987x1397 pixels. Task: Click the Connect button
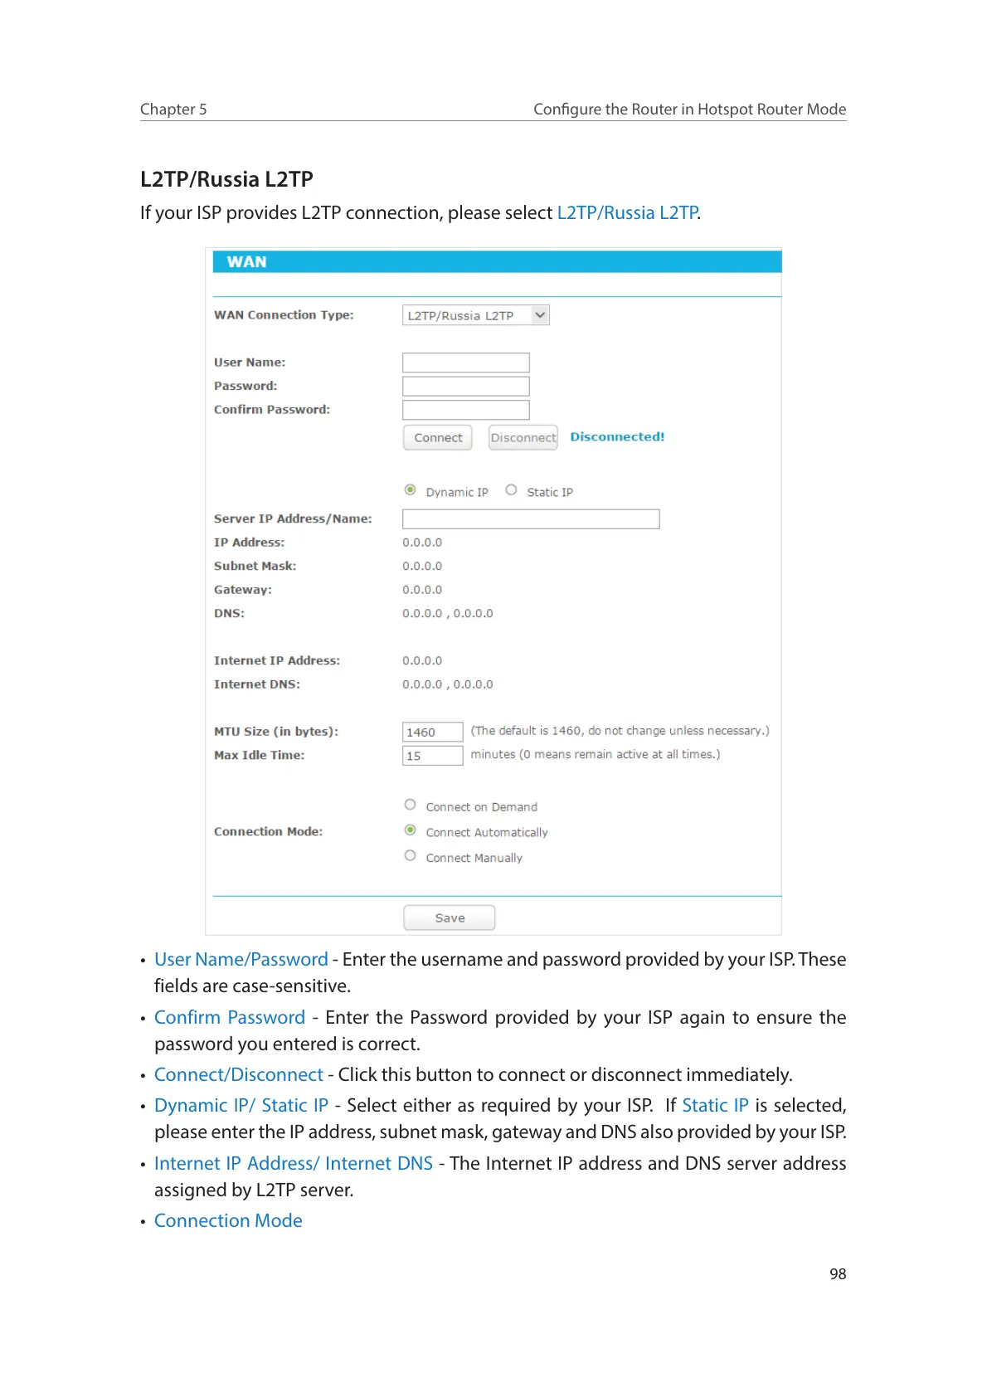tap(438, 438)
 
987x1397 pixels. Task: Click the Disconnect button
tap(523, 438)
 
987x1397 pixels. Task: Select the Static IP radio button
tap(511, 490)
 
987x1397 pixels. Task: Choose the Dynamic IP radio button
tap(410, 490)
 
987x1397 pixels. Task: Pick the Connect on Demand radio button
tap(410, 805)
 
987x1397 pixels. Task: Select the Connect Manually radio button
tap(410, 856)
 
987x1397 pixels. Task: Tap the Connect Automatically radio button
tap(410, 830)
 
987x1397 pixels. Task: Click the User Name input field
tap(465, 363)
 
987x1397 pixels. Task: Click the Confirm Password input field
tap(465, 410)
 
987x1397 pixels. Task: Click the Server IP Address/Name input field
tap(531, 519)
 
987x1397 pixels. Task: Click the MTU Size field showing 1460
tap(432, 732)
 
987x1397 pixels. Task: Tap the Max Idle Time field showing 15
tap(432, 756)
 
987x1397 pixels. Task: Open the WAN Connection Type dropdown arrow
tap(540, 315)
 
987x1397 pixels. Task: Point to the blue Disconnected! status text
tap(617, 437)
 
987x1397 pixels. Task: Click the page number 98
tap(838, 1274)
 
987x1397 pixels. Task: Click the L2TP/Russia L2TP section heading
tap(226, 179)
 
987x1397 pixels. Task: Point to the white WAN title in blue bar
tap(246, 262)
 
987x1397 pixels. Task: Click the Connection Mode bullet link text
tap(228, 1221)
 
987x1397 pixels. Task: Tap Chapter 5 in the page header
tap(173, 110)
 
